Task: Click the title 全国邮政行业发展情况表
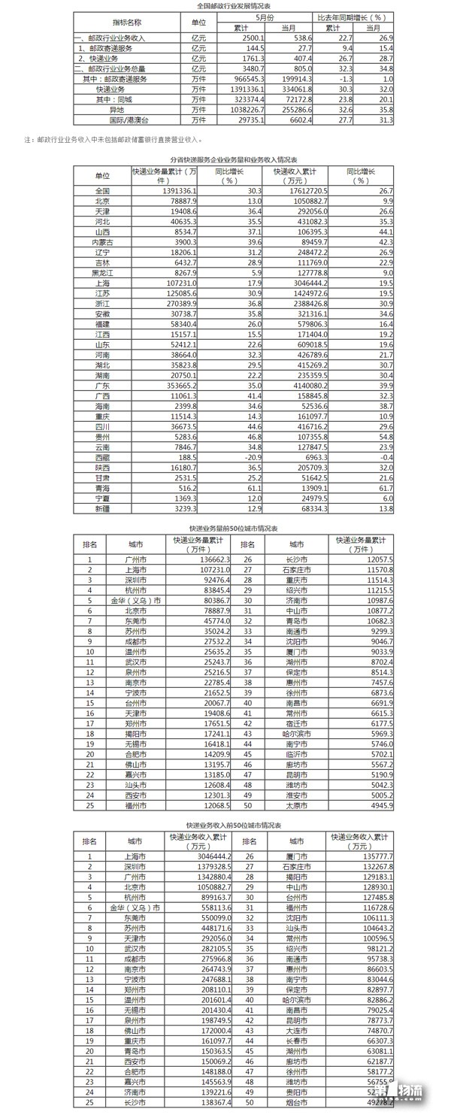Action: tap(225, 5)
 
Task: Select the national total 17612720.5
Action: tap(285, 191)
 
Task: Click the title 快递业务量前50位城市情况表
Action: tap(225, 529)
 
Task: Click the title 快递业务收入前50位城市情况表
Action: tap(225, 825)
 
